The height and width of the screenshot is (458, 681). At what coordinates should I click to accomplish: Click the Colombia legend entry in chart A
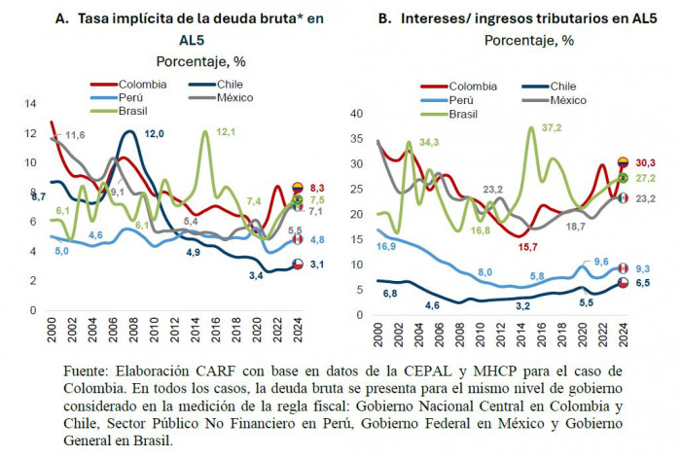[x=128, y=85]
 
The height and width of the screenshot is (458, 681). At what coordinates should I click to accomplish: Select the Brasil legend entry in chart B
[x=449, y=114]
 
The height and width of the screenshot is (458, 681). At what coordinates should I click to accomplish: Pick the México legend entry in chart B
[x=555, y=100]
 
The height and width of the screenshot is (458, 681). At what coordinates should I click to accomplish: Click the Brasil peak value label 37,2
[x=552, y=127]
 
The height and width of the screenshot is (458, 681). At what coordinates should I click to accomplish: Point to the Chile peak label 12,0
[x=154, y=134]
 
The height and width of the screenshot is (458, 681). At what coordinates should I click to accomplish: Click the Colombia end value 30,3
[x=645, y=162]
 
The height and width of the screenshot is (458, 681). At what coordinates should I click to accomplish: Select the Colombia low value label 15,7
[x=527, y=247]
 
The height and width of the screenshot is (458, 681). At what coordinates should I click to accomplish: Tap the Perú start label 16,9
[x=386, y=247]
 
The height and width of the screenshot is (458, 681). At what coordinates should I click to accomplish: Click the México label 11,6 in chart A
[x=75, y=135]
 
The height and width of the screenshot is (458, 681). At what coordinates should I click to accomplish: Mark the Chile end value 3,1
[x=317, y=264]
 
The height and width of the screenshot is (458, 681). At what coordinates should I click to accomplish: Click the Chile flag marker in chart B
[x=623, y=283]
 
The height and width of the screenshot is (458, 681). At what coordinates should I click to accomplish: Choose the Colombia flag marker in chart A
[x=298, y=188]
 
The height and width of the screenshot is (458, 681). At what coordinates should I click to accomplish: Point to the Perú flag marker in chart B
[x=623, y=267]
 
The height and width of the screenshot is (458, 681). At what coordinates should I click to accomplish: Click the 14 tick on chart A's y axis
[x=30, y=104]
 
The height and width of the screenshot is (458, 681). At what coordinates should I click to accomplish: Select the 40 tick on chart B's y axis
[x=356, y=114]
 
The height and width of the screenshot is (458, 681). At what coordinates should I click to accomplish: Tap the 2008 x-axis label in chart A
[x=133, y=330]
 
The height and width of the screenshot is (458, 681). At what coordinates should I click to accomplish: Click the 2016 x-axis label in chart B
[x=541, y=335]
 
